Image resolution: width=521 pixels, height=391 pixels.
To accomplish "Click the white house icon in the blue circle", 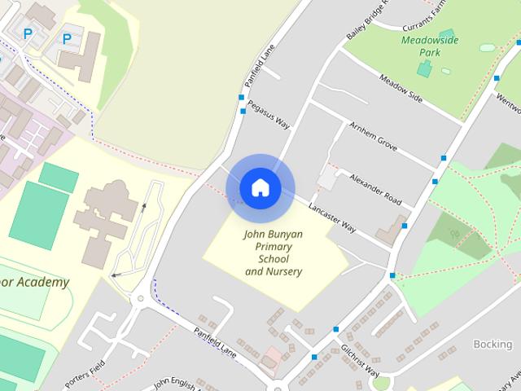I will click(260, 187).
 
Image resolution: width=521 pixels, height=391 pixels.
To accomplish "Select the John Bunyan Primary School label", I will click(274, 253).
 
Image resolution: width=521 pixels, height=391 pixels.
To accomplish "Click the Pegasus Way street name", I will click(269, 113).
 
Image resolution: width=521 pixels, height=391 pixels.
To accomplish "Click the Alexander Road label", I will click(375, 187).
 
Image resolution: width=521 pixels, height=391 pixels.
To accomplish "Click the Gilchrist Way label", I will click(361, 358).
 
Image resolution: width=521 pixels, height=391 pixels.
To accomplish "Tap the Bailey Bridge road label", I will click(369, 19).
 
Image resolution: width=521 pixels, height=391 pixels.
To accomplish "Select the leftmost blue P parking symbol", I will click(28, 33).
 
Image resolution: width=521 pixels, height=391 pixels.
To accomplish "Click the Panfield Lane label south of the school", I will click(215, 341).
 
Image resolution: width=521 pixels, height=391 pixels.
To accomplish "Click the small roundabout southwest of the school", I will click(140, 298).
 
